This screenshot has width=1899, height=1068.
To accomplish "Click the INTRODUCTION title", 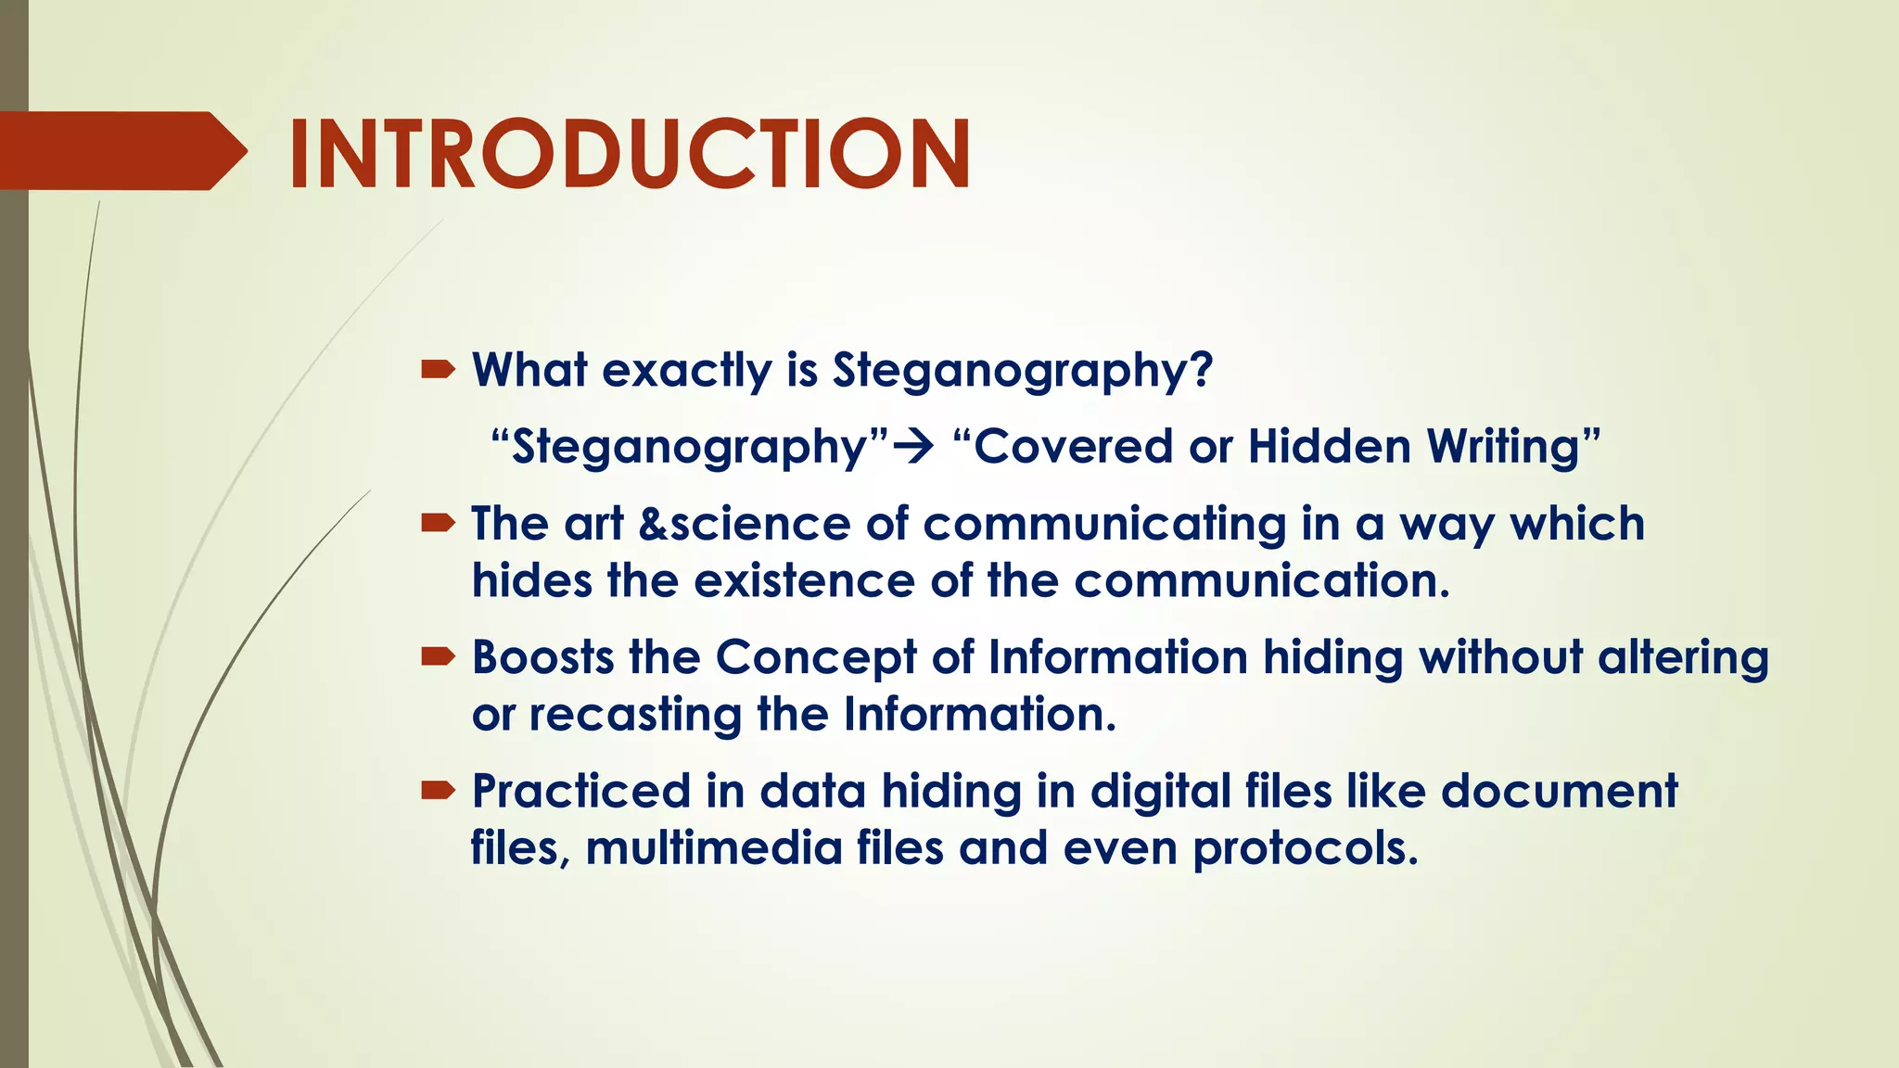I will (x=630, y=154).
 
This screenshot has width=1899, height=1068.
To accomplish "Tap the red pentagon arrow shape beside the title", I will (x=121, y=151).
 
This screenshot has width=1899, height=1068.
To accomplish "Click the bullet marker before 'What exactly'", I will (x=438, y=371).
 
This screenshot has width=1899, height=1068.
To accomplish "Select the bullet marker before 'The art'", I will (x=438, y=524).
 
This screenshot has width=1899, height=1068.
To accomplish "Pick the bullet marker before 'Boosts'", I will (x=438, y=657).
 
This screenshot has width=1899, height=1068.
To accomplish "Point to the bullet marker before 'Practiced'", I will (x=438, y=791).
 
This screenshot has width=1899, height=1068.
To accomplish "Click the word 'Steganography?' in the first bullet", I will (x=1022, y=371).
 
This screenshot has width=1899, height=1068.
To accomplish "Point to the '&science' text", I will (x=745, y=524).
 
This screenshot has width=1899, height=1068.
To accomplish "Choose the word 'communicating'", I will (x=1103, y=526).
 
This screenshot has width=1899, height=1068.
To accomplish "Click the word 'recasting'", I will (x=635, y=716).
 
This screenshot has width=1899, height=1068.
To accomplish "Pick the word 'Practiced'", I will (x=581, y=792).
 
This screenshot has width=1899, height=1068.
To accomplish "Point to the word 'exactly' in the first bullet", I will (x=686, y=371).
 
